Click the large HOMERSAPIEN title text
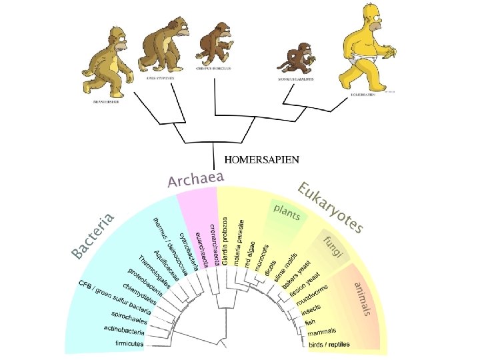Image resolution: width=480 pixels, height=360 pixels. coord(262,159)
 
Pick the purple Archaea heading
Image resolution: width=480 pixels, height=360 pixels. coord(195,178)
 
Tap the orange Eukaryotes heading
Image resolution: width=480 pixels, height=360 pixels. coord(331,207)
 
